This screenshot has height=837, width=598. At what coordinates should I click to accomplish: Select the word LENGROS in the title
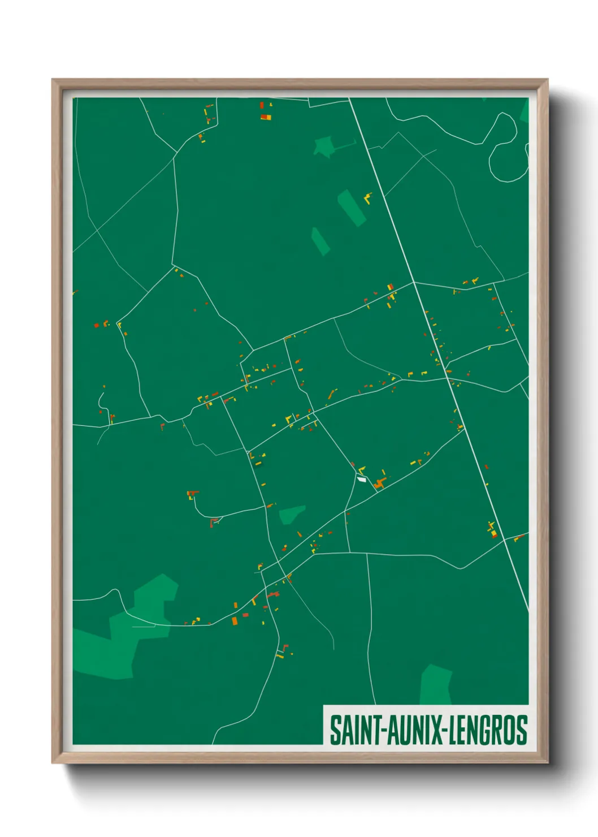[489, 730]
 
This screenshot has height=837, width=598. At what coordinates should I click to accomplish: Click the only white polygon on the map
[362, 480]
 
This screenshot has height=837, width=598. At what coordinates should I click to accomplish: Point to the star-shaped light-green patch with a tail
[324, 146]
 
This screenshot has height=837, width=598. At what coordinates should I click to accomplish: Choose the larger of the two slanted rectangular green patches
[352, 208]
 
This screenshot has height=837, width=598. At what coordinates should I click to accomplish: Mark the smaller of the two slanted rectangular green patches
[320, 241]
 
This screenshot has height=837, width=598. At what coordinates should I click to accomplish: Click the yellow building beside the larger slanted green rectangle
[367, 199]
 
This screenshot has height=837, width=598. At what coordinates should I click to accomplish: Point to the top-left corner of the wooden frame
[53, 80]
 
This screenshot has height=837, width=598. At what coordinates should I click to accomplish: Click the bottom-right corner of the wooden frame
[547, 762]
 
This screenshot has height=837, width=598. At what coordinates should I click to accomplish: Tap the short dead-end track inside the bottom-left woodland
[144, 626]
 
